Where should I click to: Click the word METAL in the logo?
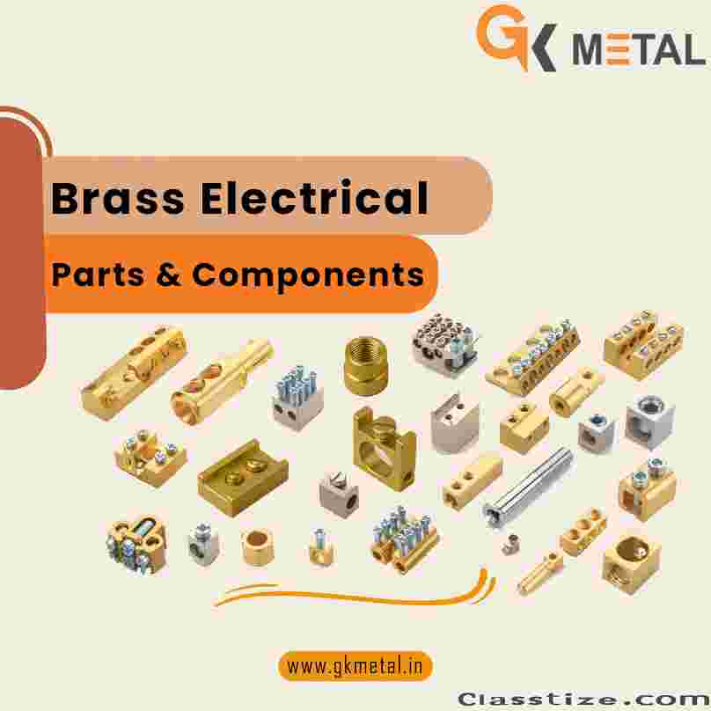pos(639,49)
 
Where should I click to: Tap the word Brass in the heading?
pos(118,198)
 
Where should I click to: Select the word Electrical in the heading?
pos(315,197)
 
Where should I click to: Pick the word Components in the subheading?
pos(308,275)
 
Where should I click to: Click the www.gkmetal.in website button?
pos(355,666)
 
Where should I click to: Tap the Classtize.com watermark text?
pos(583,699)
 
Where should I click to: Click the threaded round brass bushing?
pos(365,366)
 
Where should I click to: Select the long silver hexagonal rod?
pos(529,487)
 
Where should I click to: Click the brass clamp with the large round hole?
pos(385,449)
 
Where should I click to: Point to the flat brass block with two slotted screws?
pos(243,478)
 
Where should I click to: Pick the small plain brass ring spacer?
pos(257,546)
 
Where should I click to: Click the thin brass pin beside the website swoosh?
pos(540,573)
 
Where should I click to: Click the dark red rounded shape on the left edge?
pos(22,253)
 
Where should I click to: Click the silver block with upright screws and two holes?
pos(297,398)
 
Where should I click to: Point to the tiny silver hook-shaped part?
pos(511,545)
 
